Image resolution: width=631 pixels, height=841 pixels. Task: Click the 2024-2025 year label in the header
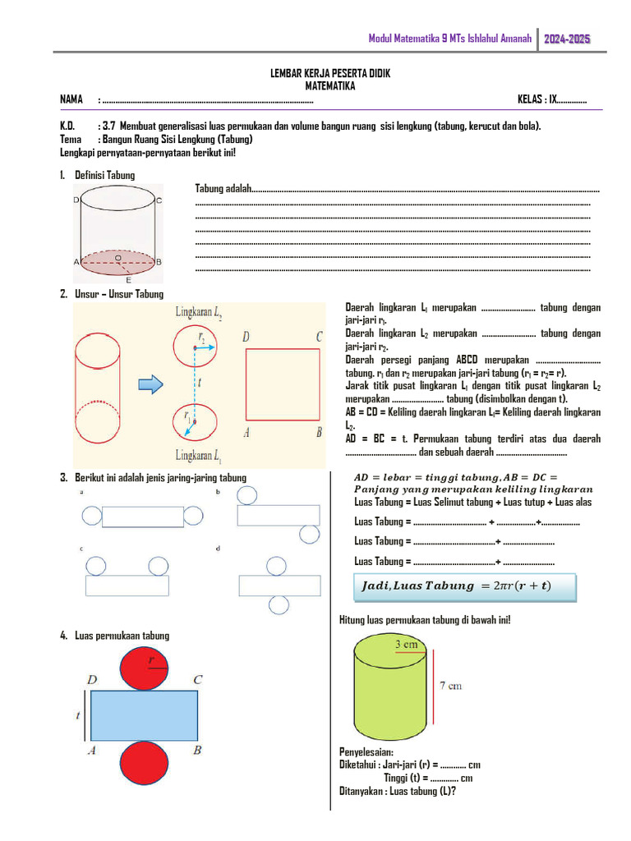[567, 39]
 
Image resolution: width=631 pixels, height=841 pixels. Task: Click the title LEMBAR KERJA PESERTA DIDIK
[330, 74]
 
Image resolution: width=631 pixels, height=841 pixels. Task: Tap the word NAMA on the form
[71, 100]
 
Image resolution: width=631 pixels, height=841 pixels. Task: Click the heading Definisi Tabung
[104, 175]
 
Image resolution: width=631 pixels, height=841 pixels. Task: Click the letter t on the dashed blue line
[200, 382]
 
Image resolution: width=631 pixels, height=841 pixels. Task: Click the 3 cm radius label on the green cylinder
[407, 645]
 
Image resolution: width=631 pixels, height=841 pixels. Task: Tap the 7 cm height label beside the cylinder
[449, 685]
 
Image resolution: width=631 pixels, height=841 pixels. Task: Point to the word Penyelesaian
[366, 752]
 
